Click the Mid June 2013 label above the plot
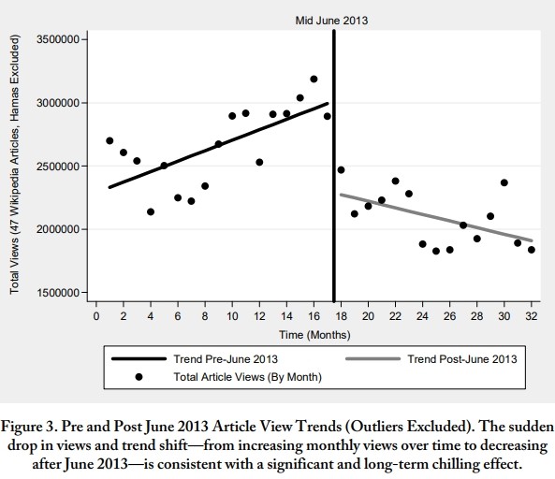(331, 21)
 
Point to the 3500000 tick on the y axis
(58, 39)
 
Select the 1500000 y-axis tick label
(58, 293)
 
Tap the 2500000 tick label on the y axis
(58, 166)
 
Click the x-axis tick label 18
(341, 316)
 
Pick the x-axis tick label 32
(532, 316)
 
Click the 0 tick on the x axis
(96, 316)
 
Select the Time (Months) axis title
(314, 335)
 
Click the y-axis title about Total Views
(14, 164)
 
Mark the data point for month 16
(314, 79)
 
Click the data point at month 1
(110, 140)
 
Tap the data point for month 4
(151, 212)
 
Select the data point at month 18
(341, 170)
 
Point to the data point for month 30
(504, 182)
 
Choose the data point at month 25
(436, 251)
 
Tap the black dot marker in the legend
(139, 377)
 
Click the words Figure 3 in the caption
(28, 427)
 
